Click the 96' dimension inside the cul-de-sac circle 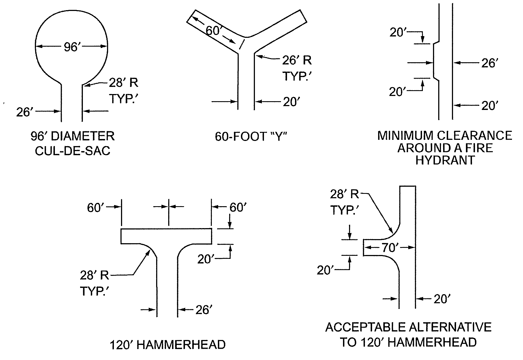[72, 47]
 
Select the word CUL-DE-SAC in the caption [73, 151]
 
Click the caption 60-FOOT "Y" [251, 136]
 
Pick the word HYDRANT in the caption [445, 160]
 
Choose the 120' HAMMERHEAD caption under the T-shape [168, 345]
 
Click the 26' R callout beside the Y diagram [297, 61]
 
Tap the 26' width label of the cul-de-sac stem [24, 112]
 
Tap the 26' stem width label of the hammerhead [204, 310]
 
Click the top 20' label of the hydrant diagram [398, 32]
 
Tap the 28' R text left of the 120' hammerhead [95, 275]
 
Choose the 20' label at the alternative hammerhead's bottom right [442, 299]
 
